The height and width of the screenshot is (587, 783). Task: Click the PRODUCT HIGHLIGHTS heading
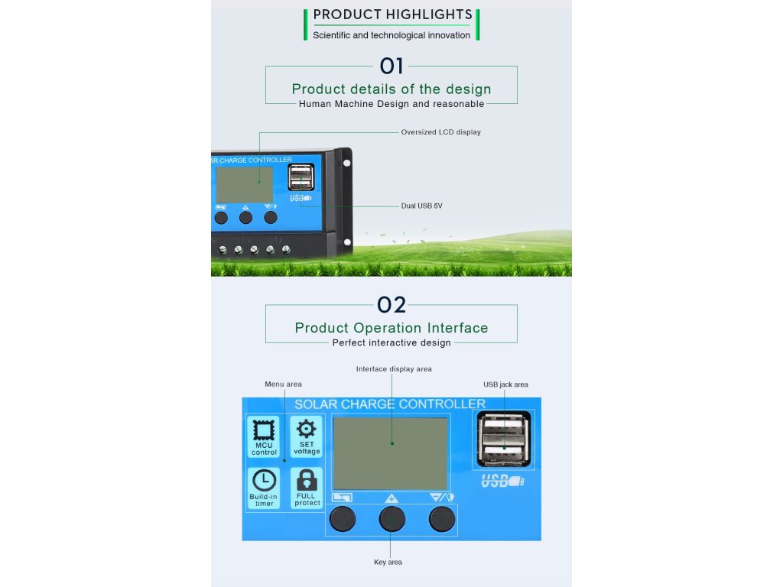(392, 15)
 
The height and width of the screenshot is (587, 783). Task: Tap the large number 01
(391, 66)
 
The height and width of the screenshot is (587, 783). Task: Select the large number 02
(391, 305)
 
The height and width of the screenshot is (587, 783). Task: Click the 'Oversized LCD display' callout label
(440, 132)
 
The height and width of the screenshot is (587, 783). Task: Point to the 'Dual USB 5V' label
(422, 206)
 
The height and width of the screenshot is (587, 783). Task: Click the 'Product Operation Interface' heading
(391, 328)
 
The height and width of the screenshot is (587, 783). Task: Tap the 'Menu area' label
(283, 384)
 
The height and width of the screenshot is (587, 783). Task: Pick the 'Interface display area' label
(394, 369)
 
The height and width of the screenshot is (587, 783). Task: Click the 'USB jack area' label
(505, 384)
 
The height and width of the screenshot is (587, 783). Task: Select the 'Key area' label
(388, 563)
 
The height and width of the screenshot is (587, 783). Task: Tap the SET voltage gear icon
(307, 429)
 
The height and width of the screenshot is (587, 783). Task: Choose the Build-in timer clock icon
(264, 479)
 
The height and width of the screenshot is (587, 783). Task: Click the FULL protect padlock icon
(307, 480)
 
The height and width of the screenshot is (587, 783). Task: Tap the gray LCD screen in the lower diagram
(391, 453)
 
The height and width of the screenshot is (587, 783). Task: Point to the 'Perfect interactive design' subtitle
(391, 343)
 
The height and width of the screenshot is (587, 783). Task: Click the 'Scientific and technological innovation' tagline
(391, 35)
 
